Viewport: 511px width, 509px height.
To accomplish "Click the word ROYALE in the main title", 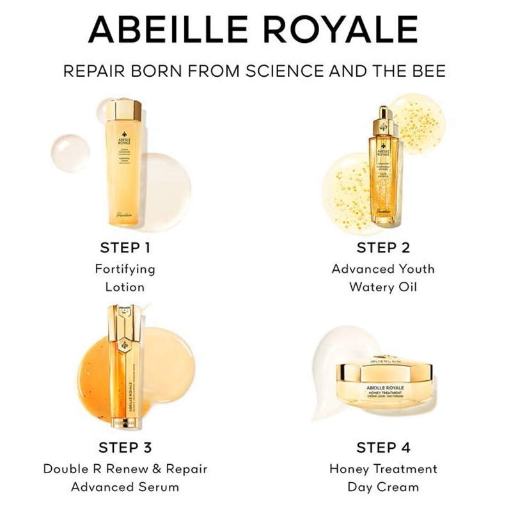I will [x=346, y=29].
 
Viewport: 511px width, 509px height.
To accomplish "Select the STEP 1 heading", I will [x=125, y=247].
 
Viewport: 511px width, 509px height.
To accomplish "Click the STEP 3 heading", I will [x=125, y=446].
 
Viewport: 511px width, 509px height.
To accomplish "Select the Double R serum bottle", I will [x=125, y=371].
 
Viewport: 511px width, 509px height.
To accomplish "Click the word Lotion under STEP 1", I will [x=125, y=287].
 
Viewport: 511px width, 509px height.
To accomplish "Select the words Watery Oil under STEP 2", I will [x=382, y=287].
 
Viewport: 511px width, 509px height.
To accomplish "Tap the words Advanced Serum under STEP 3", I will [x=125, y=487].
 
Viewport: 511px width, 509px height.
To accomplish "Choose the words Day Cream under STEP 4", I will [x=382, y=487].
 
